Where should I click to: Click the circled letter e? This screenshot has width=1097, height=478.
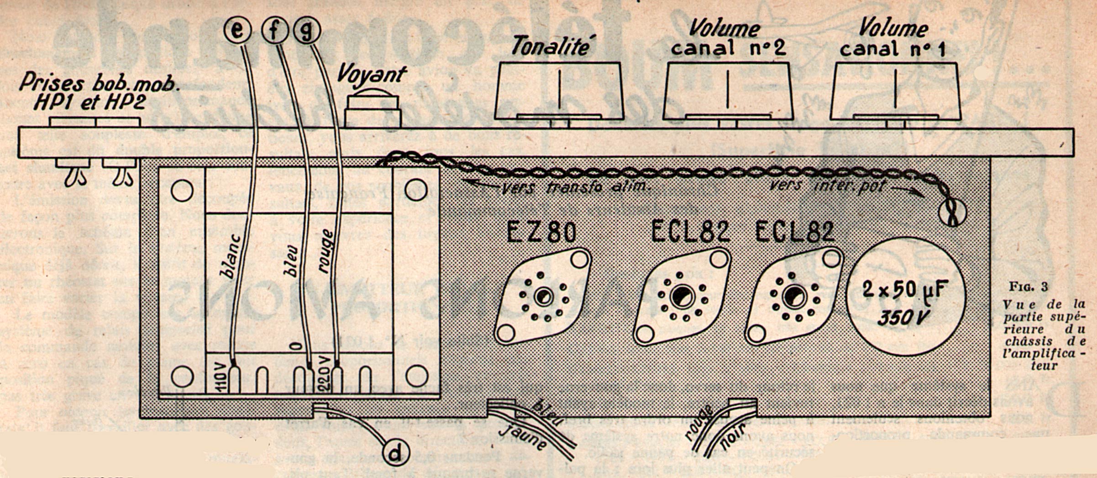[x=237, y=30]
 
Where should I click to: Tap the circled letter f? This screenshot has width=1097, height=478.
[x=274, y=30]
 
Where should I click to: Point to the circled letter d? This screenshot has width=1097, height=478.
[x=395, y=453]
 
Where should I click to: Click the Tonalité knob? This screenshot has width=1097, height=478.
[x=559, y=91]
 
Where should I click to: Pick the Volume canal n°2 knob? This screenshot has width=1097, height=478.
[x=728, y=91]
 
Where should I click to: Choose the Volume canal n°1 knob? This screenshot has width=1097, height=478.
[x=895, y=91]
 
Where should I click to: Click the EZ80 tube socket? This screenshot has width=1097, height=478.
[x=543, y=296]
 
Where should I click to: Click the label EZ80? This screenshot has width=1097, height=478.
[x=542, y=232]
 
